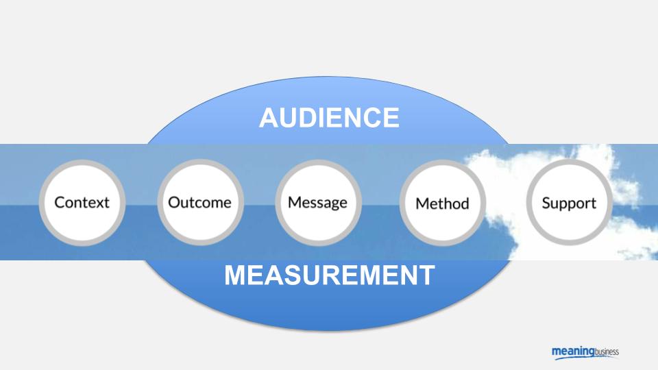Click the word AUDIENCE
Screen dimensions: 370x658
point(329,118)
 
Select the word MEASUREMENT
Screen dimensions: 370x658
point(329,275)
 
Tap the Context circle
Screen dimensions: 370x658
point(82,202)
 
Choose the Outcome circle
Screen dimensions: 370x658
point(199,202)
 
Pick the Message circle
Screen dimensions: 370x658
point(317,202)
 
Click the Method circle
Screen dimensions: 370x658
point(442,203)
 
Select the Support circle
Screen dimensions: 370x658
point(569,203)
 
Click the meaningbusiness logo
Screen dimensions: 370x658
point(585,352)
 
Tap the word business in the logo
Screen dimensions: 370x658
point(605,351)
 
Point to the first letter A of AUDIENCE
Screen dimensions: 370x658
point(268,118)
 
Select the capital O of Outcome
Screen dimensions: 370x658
point(174,202)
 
